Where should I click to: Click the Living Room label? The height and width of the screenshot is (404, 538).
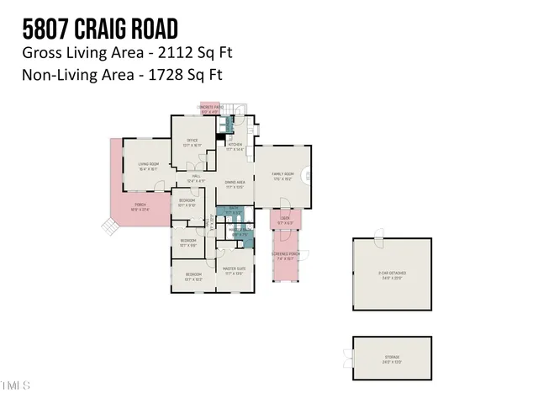(x=149, y=166)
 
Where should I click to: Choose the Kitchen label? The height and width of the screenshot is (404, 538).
(x=235, y=146)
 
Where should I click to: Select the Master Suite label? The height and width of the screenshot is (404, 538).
(x=235, y=271)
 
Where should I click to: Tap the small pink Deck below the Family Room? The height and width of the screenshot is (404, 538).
(x=280, y=221)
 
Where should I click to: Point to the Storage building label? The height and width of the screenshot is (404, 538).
(x=392, y=359)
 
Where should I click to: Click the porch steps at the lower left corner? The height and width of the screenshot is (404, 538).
(x=108, y=226)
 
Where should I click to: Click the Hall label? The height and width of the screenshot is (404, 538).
(x=195, y=178)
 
